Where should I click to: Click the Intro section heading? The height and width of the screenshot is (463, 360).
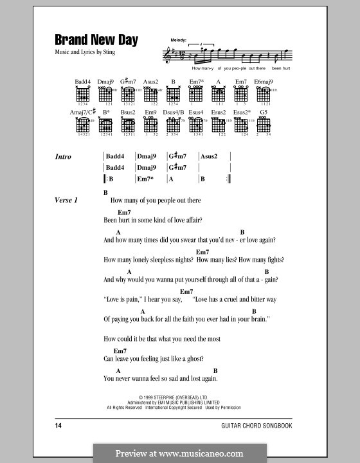64,157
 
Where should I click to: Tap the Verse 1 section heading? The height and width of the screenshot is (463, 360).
66,201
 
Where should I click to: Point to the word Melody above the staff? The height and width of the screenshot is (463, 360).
177,40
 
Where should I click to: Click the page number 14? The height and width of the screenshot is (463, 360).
59,426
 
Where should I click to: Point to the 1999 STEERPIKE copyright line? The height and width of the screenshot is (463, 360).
179,397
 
